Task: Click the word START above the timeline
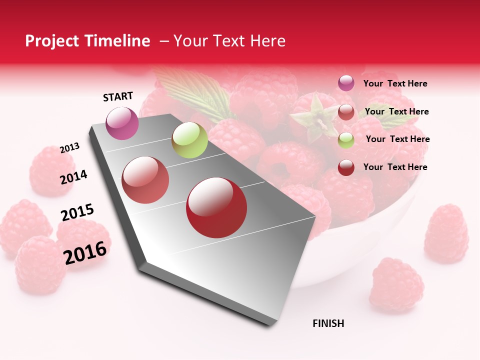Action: click(x=118, y=96)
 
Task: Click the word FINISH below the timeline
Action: click(x=328, y=323)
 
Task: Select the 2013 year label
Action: click(x=69, y=148)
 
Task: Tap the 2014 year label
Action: click(x=73, y=177)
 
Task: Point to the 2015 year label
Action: click(x=77, y=212)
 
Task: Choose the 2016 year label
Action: click(x=85, y=252)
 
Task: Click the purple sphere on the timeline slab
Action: click(x=122, y=123)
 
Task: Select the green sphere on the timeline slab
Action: click(x=189, y=140)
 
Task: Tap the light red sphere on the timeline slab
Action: click(x=145, y=180)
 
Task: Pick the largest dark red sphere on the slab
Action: click(x=216, y=207)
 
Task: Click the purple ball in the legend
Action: click(x=346, y=83)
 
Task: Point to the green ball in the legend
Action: click(x=346, y=139)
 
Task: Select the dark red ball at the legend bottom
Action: click(x=346, y=167)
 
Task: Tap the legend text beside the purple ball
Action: click(x=395, y=84)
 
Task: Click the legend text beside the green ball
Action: click(x=397, y=139)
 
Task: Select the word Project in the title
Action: click(x=51, y=41)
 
